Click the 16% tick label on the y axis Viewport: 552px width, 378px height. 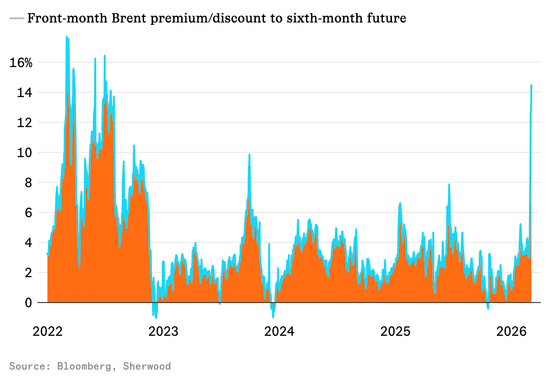point(21,62)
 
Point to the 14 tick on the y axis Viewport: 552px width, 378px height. point(25,92)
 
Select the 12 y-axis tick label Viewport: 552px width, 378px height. point(25,122)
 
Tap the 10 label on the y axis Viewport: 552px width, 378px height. point(25,152)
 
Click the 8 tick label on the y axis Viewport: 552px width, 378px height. point(28,182)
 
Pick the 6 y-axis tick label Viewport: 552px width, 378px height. point(28,212)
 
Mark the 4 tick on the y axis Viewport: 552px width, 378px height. point(28,242)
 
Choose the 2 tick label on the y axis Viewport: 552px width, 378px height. point(28,272)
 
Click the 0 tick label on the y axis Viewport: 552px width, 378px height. point(28,302)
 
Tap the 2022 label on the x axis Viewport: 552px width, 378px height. point(47,332)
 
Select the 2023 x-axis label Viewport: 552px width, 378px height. point(163,332)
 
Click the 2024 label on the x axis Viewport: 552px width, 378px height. point(279,332)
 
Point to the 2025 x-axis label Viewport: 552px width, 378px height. point(395,332)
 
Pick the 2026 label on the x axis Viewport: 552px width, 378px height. point(511,332)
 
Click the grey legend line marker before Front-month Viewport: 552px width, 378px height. point(16,19)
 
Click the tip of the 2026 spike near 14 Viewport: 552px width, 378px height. point(531,85)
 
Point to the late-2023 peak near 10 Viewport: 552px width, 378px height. point(249,154)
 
